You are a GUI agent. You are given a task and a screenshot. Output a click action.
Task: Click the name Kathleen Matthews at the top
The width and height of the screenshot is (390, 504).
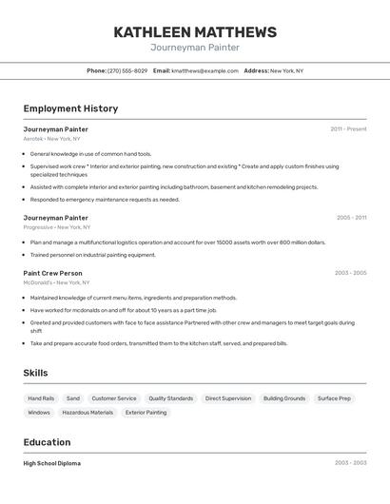click(195, 32)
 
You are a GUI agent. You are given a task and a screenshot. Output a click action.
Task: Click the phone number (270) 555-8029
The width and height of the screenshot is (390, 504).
click(127, 70)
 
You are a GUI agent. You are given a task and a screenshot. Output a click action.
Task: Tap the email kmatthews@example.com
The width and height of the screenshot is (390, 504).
click(205, 70)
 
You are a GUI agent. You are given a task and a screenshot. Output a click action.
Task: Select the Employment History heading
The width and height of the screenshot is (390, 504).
click(70, 108)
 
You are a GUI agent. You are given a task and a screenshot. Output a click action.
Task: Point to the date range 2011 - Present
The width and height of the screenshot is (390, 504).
click(348, 128)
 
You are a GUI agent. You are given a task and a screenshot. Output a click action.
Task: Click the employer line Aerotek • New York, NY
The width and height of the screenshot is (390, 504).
click(51, 139)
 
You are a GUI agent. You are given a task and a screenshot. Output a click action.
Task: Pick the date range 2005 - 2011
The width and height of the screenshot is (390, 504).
click(351, 217)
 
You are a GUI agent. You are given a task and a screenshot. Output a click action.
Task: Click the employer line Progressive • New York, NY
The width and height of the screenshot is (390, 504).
click(57, 227)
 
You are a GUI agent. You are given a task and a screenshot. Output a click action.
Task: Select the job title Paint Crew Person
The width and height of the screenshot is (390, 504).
click(53, 273)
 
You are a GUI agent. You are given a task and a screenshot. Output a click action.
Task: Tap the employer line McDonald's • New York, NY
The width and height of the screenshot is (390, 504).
click(56, 282)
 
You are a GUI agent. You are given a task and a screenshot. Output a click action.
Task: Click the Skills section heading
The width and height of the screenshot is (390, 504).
click(35, 373)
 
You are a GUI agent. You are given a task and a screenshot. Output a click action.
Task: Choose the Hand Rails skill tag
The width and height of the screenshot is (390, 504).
click(41, 398)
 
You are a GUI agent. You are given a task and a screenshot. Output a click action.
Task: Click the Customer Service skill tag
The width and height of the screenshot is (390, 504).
click(114, 398)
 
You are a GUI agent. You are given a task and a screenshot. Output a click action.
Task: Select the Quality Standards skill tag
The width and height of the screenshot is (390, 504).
click(170, 398)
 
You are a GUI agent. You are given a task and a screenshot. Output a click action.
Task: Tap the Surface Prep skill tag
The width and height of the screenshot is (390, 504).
click(334, 398)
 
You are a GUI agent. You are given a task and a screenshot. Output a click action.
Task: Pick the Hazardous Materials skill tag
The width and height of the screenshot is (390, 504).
click(88, 413)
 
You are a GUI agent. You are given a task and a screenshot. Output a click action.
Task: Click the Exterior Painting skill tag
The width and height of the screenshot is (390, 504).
click(146, 413)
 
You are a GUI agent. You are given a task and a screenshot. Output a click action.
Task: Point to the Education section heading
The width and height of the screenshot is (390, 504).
click(47, 442)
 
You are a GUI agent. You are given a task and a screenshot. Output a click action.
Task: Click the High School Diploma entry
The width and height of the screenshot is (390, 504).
click(52, 463)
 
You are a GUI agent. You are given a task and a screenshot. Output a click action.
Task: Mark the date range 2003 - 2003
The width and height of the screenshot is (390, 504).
click(350, 463)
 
